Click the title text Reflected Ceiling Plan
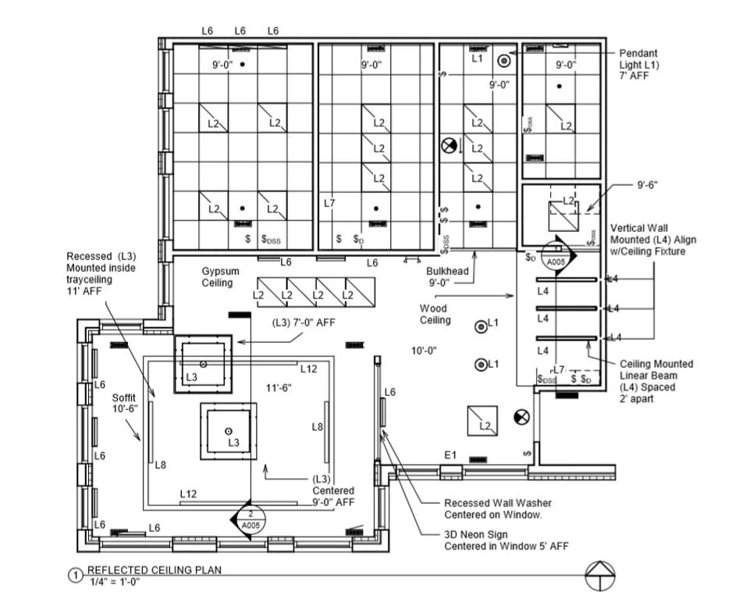click(154, 570)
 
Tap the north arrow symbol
click(600, 576)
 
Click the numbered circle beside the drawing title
click(76, 576)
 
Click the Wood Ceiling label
click(435, 314)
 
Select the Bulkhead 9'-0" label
click(447, 276)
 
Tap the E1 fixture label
click(449, 455)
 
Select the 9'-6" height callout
click(647, 185)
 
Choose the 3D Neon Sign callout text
click(506, 540)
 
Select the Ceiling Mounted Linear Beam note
click(656, 381)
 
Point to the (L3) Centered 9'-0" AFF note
click(333, 490)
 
